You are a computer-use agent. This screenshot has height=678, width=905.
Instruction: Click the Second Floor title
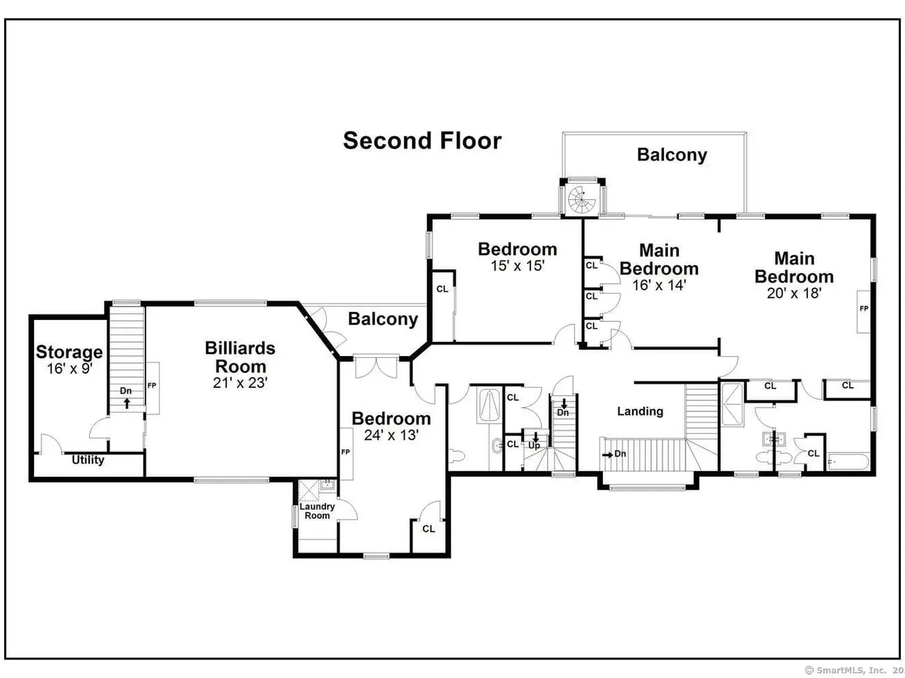(x=422, y=141)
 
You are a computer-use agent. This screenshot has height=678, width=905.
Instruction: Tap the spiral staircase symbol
(x=582, y=199)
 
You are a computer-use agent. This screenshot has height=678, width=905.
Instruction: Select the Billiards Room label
(x=240, y=357)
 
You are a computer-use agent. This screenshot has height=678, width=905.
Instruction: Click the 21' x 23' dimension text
(x=240, y=383)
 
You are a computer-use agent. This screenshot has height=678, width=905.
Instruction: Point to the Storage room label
(x=69, y=352)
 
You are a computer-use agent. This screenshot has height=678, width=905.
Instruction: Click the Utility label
(x=88, y=459)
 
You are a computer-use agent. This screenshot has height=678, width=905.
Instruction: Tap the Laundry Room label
(x=317, y=511)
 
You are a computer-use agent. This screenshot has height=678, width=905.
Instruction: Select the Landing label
(x=640, y=411)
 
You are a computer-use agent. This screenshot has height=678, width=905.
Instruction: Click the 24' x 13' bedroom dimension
(x=391, y=435)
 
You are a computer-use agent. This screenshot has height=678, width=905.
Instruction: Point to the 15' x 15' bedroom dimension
(x=518, y=266)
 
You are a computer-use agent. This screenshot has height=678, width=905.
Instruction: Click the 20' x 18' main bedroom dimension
(x=794, y=293)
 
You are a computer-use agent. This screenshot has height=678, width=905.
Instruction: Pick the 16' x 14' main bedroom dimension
(x=659, y=285)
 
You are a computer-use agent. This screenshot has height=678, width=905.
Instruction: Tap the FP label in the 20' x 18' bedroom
(x=864, y=309)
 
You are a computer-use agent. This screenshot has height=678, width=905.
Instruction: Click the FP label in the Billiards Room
(x=152, y=386)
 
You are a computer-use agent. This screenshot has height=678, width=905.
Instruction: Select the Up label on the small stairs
(x=534, y=446)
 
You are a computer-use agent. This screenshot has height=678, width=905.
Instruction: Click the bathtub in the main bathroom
(x=848, y=462)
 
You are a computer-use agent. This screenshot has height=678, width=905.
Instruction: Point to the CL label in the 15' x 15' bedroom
(x=442, y=289)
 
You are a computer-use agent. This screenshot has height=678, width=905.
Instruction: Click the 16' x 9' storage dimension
(x=69, y=369)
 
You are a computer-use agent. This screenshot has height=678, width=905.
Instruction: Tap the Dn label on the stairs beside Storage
(x=126, y=391)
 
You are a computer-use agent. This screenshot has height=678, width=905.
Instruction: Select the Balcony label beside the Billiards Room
(x=383, y=319)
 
